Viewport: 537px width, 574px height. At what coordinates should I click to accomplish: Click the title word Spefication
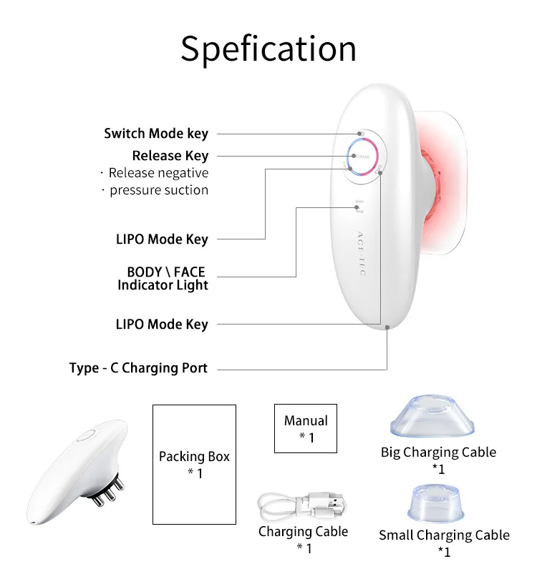coord(268,49)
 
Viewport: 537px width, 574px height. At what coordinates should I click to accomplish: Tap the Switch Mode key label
coord(156,134)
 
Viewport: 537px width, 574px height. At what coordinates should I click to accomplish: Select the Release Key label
coord(170,156)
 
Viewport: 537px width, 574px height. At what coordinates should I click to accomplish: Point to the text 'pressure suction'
coord(158,190)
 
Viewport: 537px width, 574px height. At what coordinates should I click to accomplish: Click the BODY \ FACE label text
coord(165,272)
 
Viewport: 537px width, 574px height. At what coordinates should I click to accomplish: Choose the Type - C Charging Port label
coord(138,368)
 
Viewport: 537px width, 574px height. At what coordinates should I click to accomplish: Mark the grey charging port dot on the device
coord(387,327)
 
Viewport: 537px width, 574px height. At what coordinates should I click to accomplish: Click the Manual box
coord(306,427)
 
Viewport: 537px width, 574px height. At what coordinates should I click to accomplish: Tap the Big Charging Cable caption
coord(438,452)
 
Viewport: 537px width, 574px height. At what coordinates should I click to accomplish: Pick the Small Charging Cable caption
coord(444,535)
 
